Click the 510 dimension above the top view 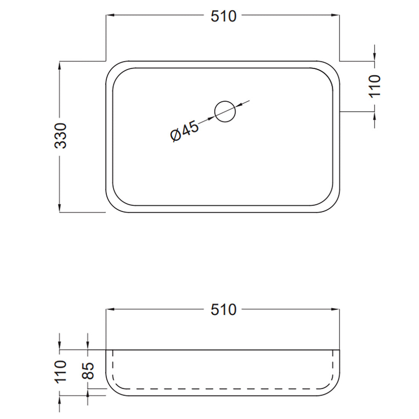coord(224,16)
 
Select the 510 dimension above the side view coord(224,309)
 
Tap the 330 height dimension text coord(61,136)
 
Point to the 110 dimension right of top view coord(375,86)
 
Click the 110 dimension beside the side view coord(61,371)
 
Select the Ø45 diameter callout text coord(184,131)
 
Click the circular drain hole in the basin coord(225,112)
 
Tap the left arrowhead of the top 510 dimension coord(110,16)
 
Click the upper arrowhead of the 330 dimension coord(60,65)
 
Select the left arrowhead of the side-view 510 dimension coord(110,309)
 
